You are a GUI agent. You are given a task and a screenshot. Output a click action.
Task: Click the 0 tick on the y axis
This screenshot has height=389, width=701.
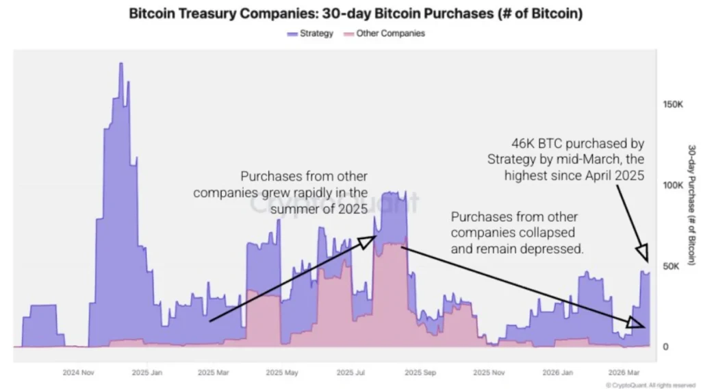[665, 347]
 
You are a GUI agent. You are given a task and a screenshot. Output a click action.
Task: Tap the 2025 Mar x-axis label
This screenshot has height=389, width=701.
[214, 373]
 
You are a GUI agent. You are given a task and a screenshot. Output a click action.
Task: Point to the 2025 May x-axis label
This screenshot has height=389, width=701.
[281, 373]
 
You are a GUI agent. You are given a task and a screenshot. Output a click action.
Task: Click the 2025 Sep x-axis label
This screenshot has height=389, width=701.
[420, 373]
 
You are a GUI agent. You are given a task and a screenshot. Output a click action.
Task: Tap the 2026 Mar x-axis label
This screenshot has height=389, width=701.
[625, 373]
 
